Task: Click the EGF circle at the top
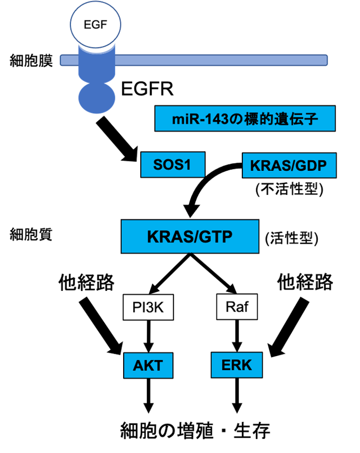95,24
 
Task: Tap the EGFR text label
147,89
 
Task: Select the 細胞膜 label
31,60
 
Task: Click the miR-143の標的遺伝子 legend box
245,118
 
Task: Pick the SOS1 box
173,164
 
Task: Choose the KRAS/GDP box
289,165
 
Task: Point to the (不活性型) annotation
289,189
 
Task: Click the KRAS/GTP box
190,236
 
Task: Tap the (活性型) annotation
292,239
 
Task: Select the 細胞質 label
31,234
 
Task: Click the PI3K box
149,307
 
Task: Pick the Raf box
237,307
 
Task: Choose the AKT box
149,366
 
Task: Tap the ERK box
237,365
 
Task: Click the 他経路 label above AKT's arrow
86,282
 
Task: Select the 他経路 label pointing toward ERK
305,282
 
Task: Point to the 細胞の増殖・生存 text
195,431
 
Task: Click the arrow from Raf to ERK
237,336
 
